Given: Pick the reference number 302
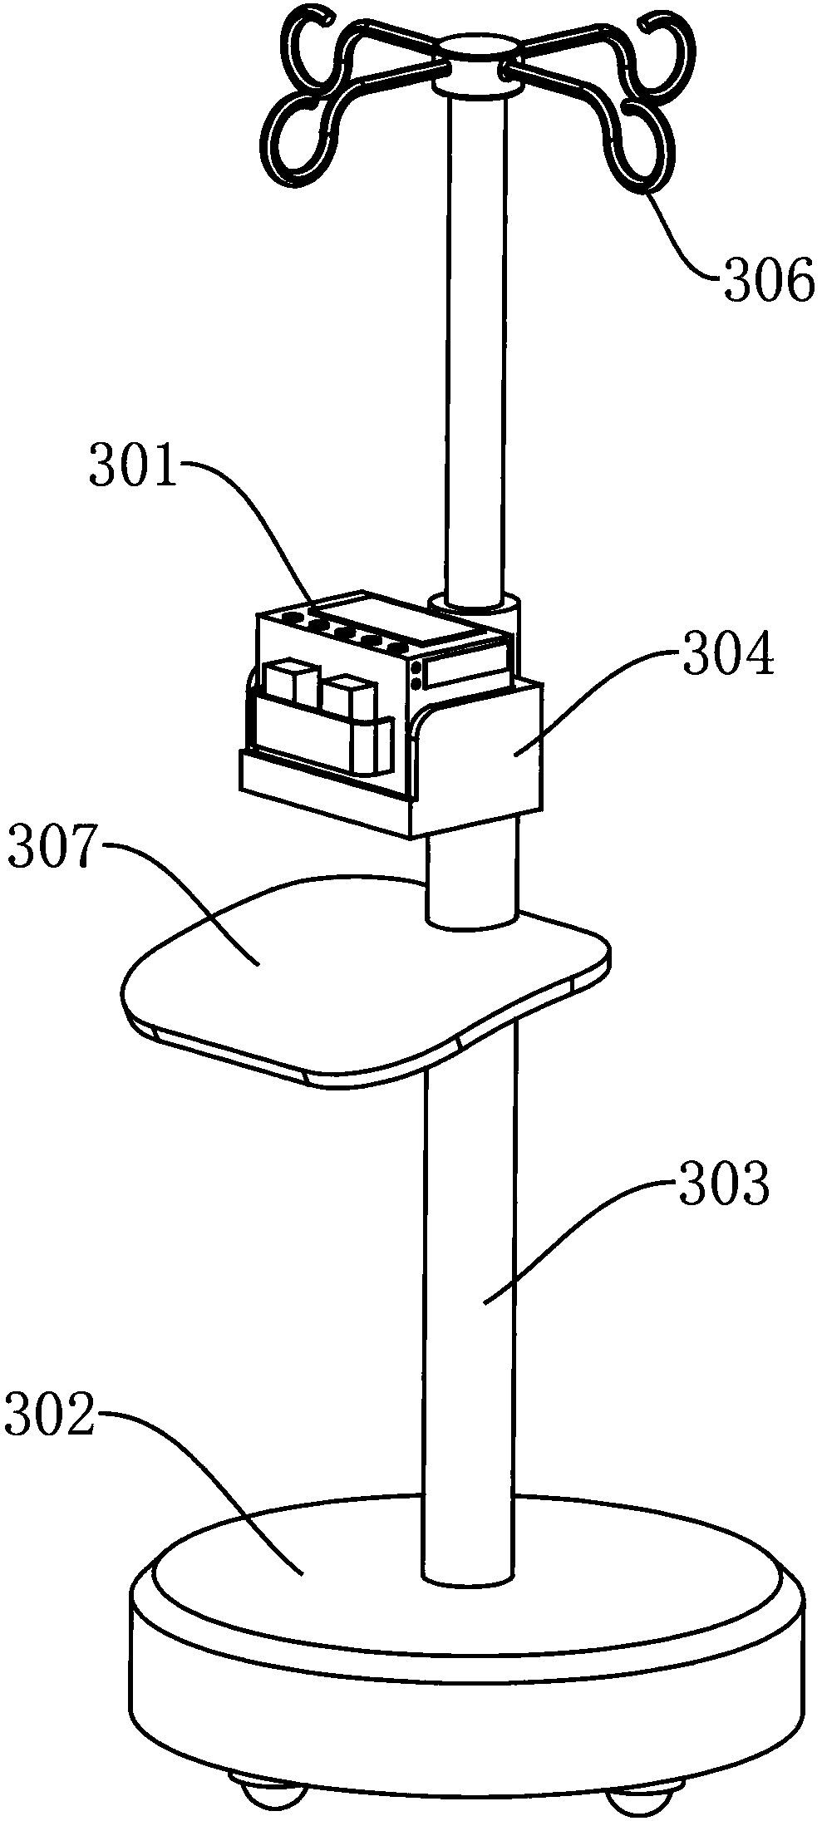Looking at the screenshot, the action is point(50,1419).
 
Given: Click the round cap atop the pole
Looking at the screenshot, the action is point(475,50).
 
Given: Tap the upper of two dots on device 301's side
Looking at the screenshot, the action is point(416,667).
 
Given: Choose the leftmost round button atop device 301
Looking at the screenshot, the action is point(292,618).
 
